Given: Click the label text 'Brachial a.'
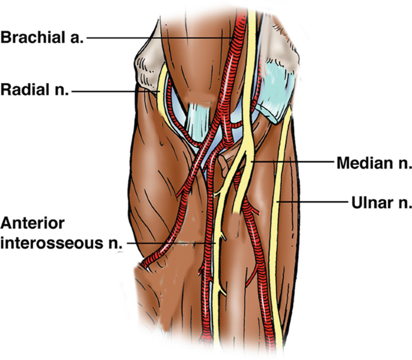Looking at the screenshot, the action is point(43,38).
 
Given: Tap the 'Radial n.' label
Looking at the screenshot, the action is point(34,91).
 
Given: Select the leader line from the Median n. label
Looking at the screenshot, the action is point(295,163).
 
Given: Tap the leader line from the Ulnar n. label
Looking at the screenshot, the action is point(313,203).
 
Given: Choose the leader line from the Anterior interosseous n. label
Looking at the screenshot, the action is point(174,243).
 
